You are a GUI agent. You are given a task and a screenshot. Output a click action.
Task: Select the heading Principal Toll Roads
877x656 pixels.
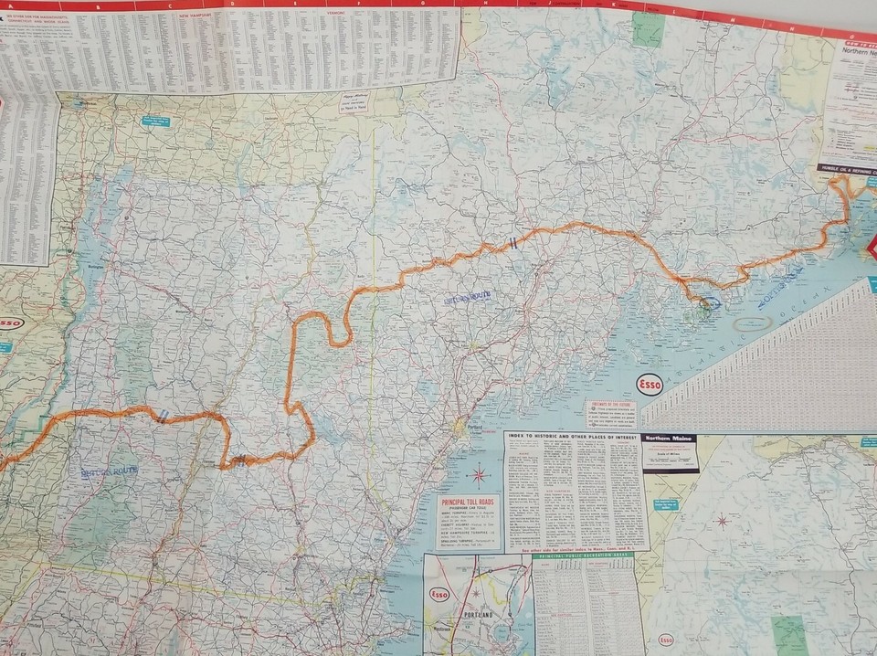(x=469, y=503)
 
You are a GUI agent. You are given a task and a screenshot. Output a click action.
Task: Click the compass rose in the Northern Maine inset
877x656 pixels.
(x=722, y=522)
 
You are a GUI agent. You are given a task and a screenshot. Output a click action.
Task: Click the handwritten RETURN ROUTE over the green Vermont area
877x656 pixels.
(x=107, y=471)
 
